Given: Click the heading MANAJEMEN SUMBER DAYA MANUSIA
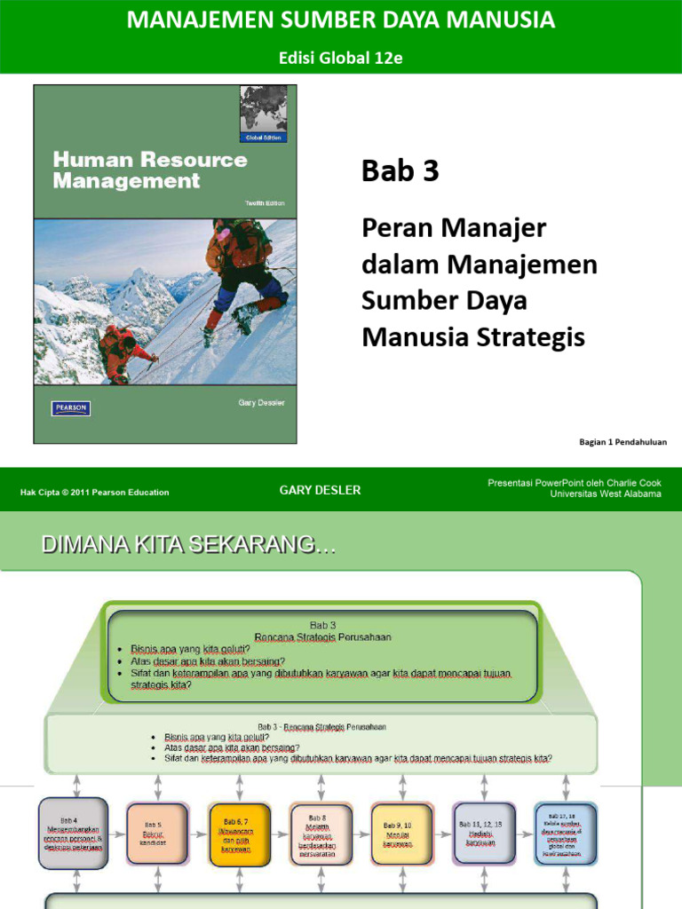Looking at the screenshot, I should [x=341, y=20].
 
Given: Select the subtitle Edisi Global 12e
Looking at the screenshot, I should [x=341, y=58].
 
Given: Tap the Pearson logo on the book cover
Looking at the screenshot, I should [x=71, y=408].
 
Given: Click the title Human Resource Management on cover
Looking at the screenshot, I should [x=149, y=170].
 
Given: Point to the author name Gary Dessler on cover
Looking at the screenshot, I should [x=261, y=403].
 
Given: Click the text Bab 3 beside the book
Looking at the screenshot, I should [x=400, y=171].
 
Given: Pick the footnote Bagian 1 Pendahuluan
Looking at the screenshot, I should [x=622, y=441].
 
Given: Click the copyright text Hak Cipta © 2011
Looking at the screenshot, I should [x=94, y=492].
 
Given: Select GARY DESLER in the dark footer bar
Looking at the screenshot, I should [x=320, y=490].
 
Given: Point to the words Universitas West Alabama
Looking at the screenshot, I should [x=605, y=494].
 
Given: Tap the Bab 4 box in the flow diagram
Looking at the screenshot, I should [x=73, y=834].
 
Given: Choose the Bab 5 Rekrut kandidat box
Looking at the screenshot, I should [x=158, y=834].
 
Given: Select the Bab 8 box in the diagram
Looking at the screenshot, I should [x=321, y=834].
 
